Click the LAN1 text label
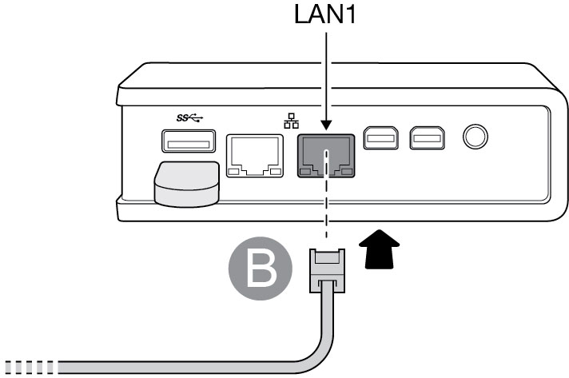point(326,15)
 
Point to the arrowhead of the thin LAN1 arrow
point(326,126)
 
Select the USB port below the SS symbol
point(189,143)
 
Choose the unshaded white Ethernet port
point(255,155)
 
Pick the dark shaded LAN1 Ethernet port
point(326,155)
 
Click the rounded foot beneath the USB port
point(187,183)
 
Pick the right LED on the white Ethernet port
point(276,171)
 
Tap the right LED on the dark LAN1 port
point(346,171)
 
